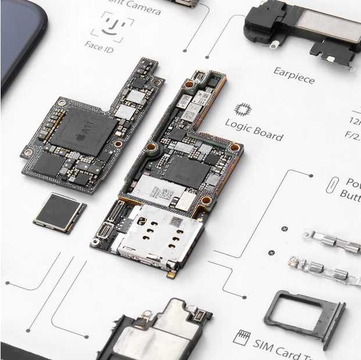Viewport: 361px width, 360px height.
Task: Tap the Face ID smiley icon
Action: [x=112, y=24]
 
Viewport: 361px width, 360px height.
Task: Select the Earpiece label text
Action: [x=295, y=75]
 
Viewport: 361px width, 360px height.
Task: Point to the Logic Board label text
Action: [x=255, y=129]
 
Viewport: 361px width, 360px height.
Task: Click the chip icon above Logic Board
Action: [x=242, y=109]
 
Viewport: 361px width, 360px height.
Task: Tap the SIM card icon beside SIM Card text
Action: [x=241, y=337]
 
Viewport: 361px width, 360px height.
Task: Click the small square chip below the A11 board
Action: [x=59, y=212]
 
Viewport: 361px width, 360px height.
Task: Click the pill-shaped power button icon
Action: [x=331, y=185]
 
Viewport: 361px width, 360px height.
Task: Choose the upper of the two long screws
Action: [x=331, y=241]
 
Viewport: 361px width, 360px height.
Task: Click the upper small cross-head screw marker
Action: [x=284, y=229]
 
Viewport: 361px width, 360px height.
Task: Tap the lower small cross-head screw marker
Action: [x=271, y=253]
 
